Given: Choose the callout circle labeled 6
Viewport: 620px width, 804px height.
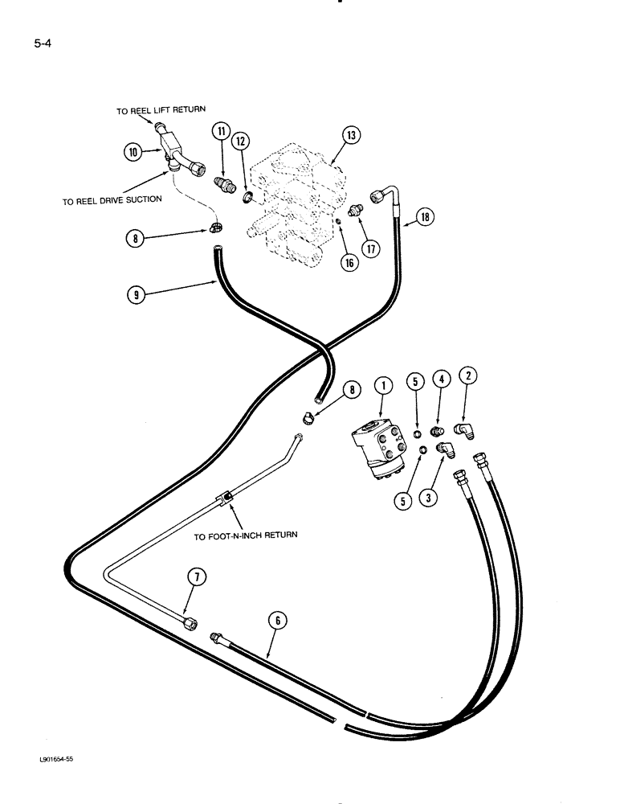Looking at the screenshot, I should pos(279,620).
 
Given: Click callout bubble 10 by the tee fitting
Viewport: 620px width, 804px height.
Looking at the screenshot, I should pos(133,150).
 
